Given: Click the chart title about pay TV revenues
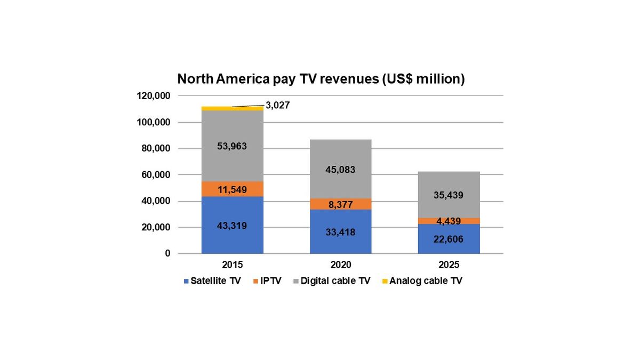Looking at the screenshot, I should pyautogui.click(x=321, y=79).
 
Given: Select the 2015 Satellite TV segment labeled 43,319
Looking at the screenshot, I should pyautogui.click(x=233, y=225).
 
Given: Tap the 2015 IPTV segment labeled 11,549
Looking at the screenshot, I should pyautogui.click(x=233, y=189).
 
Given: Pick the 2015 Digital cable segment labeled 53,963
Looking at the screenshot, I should pyautogui.click(x=233, y=146).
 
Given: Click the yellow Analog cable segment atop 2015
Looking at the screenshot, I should pyautogui.click(x=233, y=108).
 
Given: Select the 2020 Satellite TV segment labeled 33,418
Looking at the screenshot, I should pyautogui.click(x=341, y=232).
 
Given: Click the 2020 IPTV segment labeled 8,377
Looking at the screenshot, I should pyautogui.click(x=341, y=204).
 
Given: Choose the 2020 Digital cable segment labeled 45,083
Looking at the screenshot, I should pyautogui.click(x=341, y=170).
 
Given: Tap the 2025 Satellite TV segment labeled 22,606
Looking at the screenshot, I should pyautogui.click(x=449, y=239).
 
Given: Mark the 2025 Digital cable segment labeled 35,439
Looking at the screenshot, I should pyautogui.click(x=449, y=195).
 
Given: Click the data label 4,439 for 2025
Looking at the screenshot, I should pyautogui.click(x=449, y=221).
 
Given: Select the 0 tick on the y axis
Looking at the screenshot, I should pyautogui.click(x=167, y=254).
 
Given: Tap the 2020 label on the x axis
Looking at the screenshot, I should pyautogui.click(x=341, y=265).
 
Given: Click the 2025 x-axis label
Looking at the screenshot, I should pyautogui.click(x=449, y=265).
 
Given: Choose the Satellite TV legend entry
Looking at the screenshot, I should pyautogui.click(x=212, y=281).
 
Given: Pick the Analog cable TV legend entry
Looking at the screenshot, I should pyautogui.click(x=421, y=281).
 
